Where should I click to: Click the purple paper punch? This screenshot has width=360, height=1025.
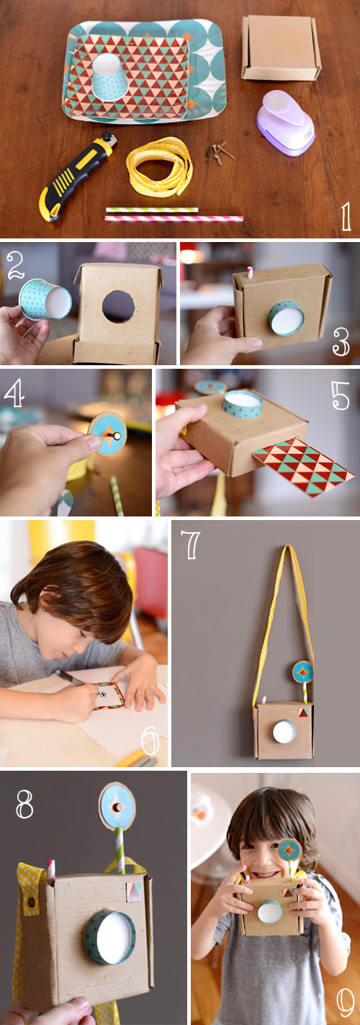[x=285, y=122]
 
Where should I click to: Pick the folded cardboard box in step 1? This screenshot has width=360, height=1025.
[x=280, y=48]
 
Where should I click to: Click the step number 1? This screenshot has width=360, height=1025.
[x=346, y=215]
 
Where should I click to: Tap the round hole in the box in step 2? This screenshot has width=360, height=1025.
[x=118, y=306]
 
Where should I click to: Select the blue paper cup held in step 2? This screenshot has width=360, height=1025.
[x=45, y=300]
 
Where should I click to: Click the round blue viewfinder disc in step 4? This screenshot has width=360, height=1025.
[x=107, y=434]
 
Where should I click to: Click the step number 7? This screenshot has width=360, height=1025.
[x=192, y=546]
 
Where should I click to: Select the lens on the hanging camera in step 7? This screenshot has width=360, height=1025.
[x=284, y=732]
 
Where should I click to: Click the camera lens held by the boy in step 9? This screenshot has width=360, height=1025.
[x=269, y=912]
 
